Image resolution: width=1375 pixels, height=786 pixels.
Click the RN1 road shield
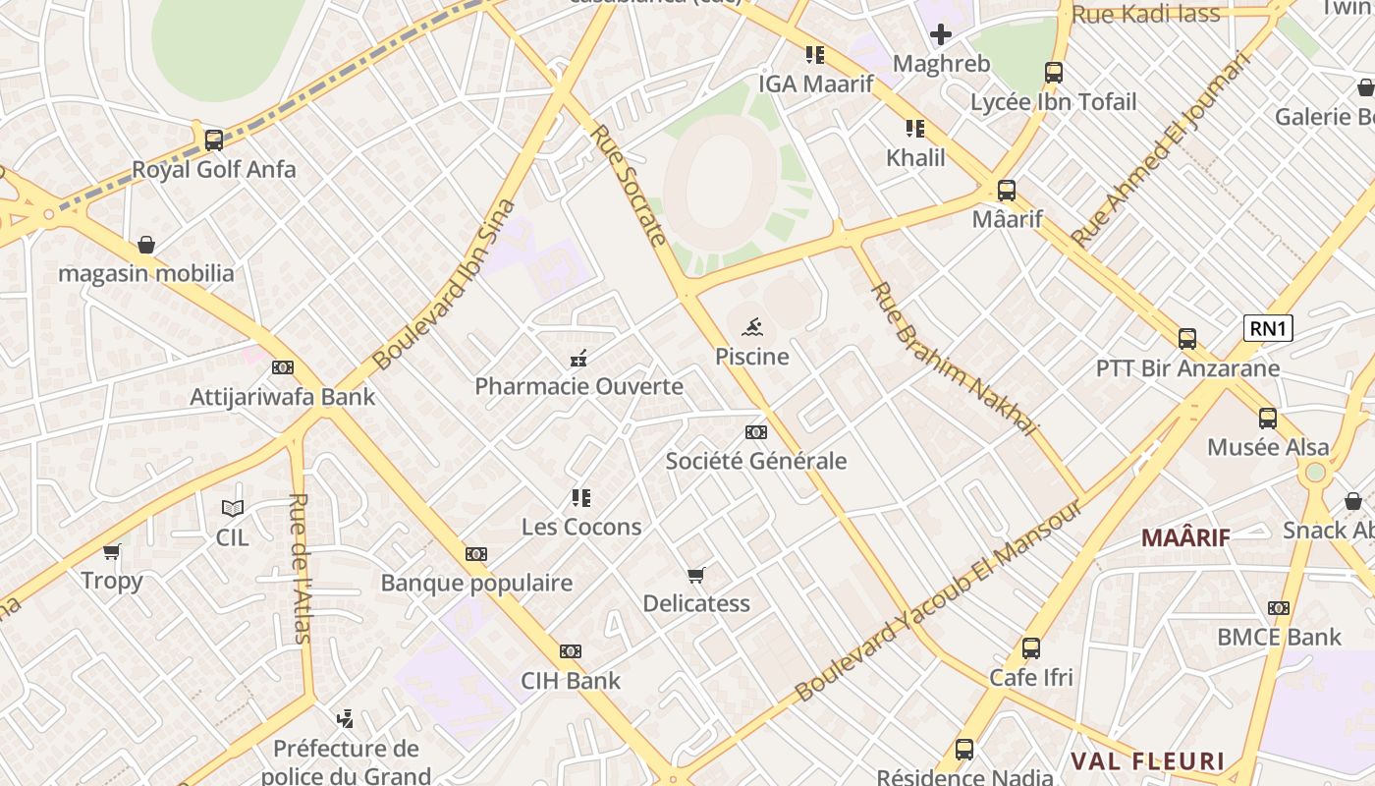coord(1268,328)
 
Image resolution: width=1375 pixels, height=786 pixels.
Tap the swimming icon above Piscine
coord(752,326)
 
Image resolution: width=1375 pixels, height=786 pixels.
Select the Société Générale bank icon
coord(755,432)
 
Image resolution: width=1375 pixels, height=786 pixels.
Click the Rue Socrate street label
coord(628,184)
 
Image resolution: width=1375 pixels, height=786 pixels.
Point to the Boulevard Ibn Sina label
coord(445,285)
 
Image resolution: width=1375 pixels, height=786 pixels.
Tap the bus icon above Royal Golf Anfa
coord(213,140)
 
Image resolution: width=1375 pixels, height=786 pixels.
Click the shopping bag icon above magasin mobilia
coord(146,244)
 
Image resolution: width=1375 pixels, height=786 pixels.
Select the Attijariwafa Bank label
coord(282,397)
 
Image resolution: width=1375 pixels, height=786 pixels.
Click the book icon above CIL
coord(232,508)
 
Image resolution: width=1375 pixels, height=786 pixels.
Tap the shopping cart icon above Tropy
coord(112,551)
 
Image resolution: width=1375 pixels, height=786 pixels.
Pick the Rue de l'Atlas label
coord(300,568)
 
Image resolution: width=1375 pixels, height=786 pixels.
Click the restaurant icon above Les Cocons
coord(581,498)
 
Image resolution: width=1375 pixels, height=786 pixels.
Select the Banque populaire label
coord(476,583)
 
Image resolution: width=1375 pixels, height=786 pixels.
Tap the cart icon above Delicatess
coord(696,575)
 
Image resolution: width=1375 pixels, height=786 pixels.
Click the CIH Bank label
coord(571,680)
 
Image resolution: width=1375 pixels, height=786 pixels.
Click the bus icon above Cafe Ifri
coord(1030,648)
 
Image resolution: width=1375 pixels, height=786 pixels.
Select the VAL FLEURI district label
coord(1147,761)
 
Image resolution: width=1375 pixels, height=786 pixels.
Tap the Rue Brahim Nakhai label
coord(954,359)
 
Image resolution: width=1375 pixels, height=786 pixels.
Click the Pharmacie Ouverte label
coord(578,386)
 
